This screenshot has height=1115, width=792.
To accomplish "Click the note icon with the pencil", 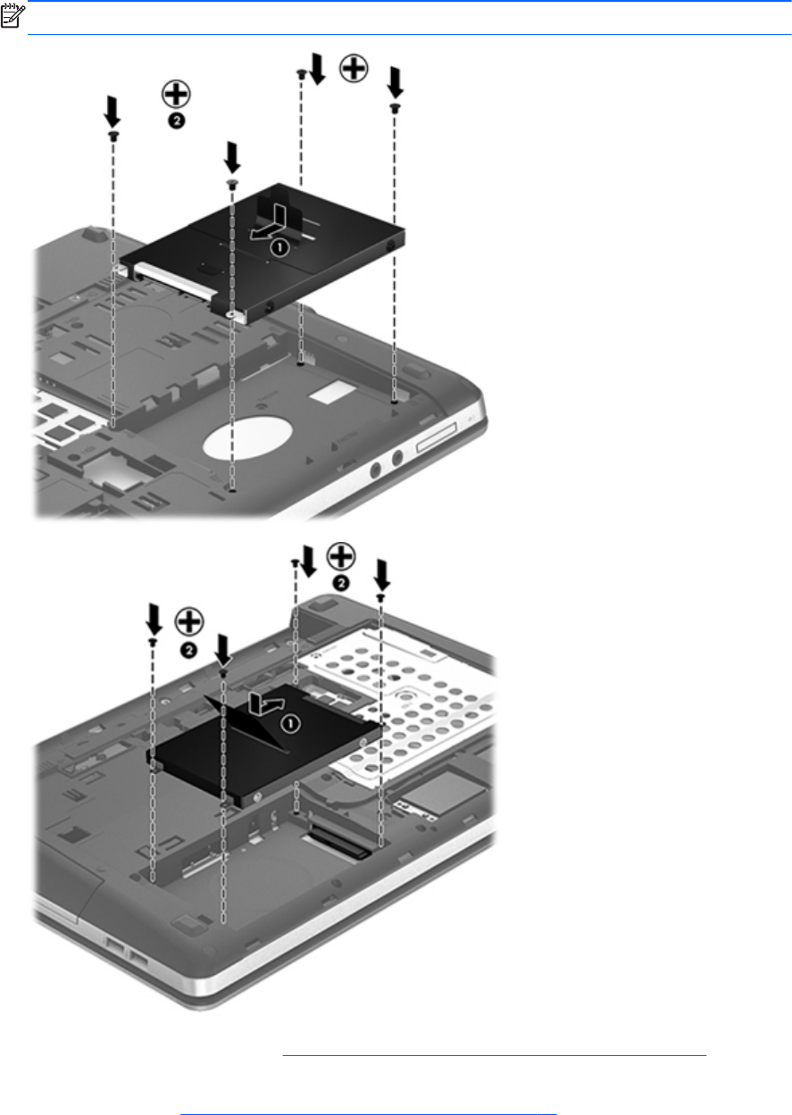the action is click(x=13, y=16).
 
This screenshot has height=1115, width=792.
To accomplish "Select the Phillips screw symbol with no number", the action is click(x=354, y=68).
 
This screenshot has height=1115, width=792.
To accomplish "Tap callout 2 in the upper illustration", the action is click(x=177, y=121).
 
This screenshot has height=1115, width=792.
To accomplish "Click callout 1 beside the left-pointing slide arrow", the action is click(x=279, y=247).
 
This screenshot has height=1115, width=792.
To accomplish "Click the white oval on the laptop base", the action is click(x=247, y=437).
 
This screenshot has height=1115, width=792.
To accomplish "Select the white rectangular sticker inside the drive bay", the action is click(x=330, y=391).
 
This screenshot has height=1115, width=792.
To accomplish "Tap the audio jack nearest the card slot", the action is click(x=397, y=457).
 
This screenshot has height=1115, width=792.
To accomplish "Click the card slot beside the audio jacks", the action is click(x=436, y=438).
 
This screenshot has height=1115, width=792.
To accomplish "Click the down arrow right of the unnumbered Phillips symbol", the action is click(x=396, y=83).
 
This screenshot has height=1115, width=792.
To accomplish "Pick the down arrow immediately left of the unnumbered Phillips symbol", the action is click(x=318, y=69).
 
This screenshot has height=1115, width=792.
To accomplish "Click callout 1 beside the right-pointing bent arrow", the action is click(x=291, y=723).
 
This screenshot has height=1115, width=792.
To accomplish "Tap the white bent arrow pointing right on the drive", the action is click(x=267, y=703).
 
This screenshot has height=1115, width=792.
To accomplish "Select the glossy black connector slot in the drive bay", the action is click(x=340, y=842).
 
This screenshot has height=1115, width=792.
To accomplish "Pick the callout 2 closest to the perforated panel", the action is click(x=341, y=583).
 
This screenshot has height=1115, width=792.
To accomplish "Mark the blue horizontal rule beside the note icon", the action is click(x=409, y=34).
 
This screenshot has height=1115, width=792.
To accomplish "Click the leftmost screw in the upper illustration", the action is click(x=113, y=136).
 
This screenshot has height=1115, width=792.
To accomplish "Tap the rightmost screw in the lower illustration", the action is click(x=380, y=597).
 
